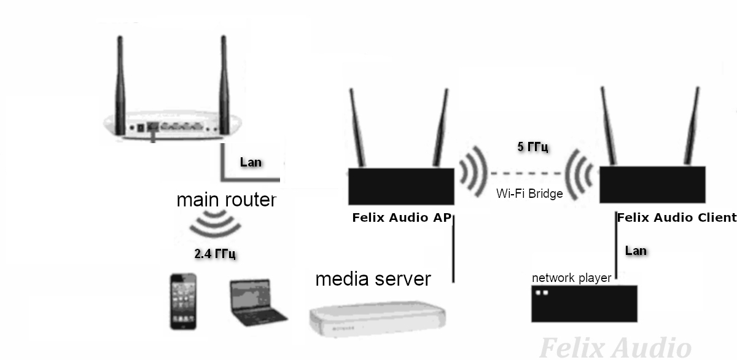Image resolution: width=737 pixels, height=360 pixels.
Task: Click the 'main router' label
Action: (x=226, y=200)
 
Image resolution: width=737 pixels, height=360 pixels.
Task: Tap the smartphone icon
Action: (x=184, y=302)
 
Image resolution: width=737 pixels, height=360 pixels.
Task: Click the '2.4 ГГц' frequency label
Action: (x=215, y=254)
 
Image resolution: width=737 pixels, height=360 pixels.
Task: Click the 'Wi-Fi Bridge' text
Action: (x=529, y=194)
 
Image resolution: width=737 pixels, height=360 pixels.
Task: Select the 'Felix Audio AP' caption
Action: (x=401, y=217)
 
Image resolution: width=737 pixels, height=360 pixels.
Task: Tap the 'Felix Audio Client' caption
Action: (x=676, y=217)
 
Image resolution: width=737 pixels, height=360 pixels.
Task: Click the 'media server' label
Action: (x=373, y=279)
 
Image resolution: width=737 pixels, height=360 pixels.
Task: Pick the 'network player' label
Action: (x=571, y=278)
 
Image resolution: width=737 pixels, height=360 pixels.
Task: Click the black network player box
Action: (x=583, y=303)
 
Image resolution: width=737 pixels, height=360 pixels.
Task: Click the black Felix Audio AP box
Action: (x=401, y=186)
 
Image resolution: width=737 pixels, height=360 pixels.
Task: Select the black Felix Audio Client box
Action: (x=651, y=186)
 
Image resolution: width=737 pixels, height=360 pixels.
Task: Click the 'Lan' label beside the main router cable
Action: (x=251, y=162)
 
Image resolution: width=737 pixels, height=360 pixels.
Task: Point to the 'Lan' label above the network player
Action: (x=636, y=250)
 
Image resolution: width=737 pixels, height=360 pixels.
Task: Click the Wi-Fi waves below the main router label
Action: (x=214, y=224)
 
